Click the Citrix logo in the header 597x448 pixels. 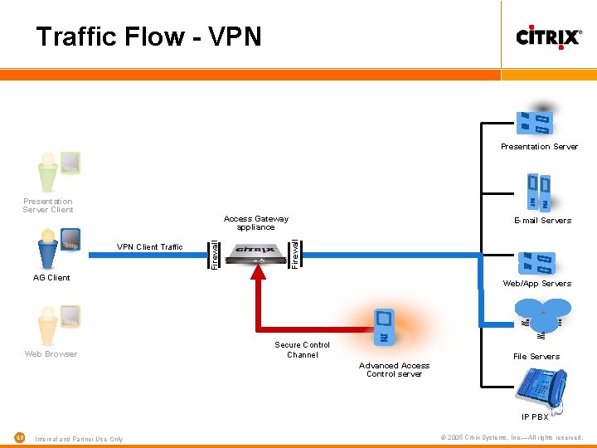[x=548, y=37]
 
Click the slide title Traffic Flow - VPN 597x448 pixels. [x=148, y=37]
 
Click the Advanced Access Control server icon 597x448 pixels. [x=383, y=325]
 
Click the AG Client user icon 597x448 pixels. [x=58, y=246]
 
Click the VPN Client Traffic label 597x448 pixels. [x=149, y=246]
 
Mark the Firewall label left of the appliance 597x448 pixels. [x=215, y=253]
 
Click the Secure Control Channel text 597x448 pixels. [x=302, y=350]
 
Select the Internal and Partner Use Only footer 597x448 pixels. [x=79, y=439]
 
